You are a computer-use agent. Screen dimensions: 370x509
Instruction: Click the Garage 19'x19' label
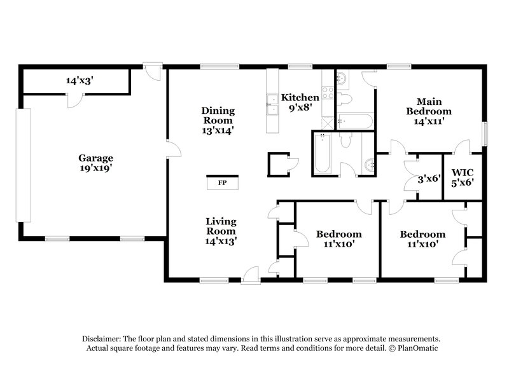[95, 163]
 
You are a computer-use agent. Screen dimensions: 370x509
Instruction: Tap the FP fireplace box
[222, 183]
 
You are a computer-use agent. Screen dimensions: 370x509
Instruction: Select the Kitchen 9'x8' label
[300, 102]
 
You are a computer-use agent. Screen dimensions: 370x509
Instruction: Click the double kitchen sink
[272, 104]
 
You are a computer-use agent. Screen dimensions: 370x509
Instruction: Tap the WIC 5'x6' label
[463, 177]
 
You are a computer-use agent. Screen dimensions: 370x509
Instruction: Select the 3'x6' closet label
[429, 179]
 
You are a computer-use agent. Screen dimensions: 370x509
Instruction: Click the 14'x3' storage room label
[80, 81]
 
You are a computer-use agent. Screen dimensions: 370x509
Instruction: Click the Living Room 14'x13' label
[221, 231]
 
